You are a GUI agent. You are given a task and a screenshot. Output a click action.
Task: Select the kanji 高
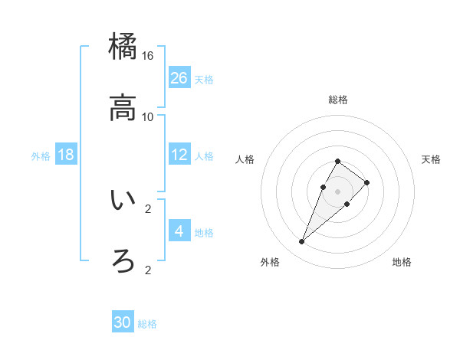(123, 108)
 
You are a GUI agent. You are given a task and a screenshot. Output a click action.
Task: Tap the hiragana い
(123, 200)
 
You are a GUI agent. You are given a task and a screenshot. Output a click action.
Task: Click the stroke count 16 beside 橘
(148, 55)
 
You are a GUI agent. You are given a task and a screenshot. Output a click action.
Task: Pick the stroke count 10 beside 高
(148, 116)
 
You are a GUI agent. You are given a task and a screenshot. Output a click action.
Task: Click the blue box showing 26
(179, 77)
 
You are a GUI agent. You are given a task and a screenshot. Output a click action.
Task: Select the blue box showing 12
(179, 155)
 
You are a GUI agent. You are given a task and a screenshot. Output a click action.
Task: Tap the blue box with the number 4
(179, 231)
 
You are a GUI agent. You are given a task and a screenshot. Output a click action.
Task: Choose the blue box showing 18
(66, 155)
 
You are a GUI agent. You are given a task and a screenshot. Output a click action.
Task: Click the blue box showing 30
(123, 322)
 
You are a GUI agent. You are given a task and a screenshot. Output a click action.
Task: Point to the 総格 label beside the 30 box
(147, 324)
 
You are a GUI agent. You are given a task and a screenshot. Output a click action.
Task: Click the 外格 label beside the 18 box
(41, 156)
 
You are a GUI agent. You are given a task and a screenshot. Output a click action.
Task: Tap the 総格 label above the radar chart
(337, 100)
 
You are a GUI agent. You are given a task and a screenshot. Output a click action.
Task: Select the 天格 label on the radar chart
(431, 159)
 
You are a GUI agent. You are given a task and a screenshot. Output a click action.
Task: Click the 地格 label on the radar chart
(402, 262)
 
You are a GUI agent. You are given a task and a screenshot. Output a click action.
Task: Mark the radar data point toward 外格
(301, 242)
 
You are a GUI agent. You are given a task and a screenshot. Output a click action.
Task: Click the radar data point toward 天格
(367, 182)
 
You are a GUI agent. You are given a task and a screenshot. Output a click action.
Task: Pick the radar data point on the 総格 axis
(337, 161)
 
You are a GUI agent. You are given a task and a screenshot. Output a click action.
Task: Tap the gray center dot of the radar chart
(337, 191)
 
